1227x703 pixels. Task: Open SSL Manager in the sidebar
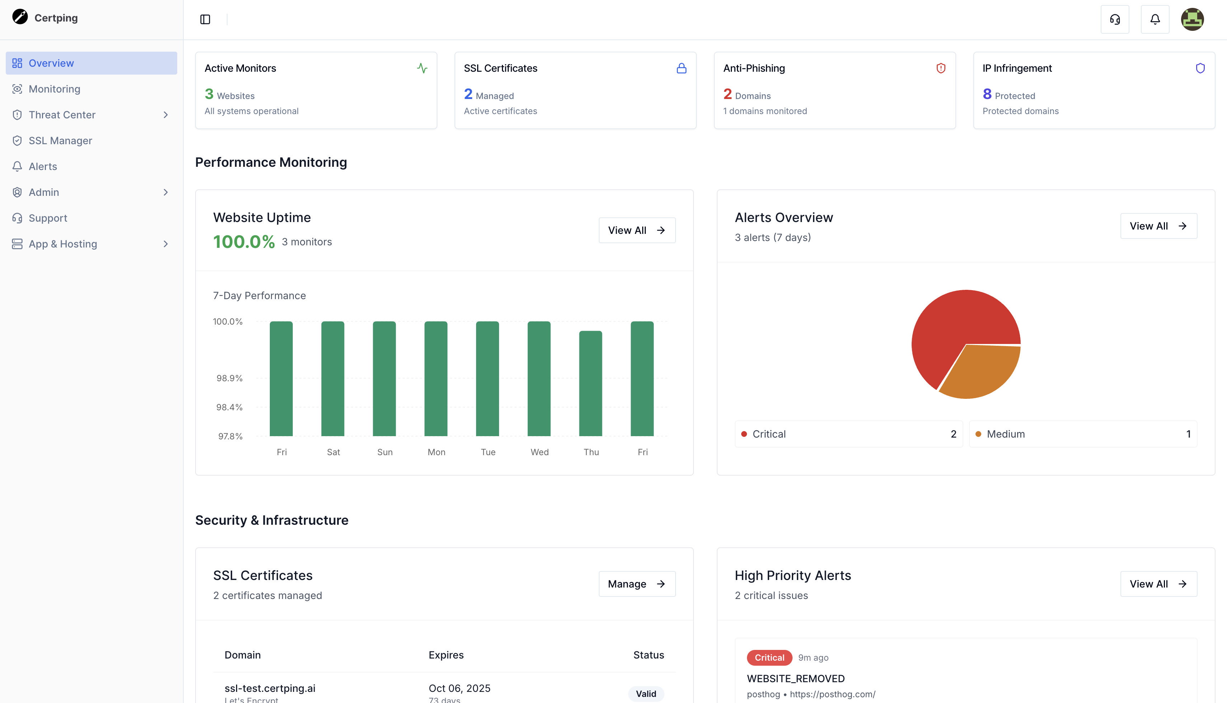(60, 141)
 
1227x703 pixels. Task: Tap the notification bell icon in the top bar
(1155, 19)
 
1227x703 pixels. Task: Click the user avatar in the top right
(1192, 19)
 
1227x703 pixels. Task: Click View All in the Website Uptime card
(636, 230)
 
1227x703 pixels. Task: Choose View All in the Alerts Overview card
(1158, 226)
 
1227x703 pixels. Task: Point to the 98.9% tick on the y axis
(229, 378)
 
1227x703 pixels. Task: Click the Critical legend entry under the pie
(769, 434)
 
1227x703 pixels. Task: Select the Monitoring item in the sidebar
(55, 89)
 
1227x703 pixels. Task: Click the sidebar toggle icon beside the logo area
(205, 19)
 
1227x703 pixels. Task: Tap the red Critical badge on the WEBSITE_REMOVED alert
(769, 657)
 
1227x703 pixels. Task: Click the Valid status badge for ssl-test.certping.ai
(646, 694)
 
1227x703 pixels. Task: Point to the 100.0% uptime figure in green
(244, 242)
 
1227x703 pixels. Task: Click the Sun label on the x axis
(385, 452)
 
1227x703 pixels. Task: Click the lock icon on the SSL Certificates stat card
(681, 69)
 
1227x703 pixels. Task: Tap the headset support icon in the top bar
(1114, 19)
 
